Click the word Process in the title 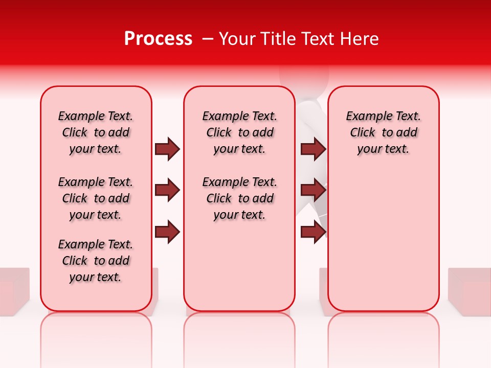[158, 39]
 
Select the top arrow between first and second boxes [167, 149]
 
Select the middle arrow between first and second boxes [167, 191]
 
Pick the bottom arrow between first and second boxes [167, 233]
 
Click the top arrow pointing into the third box [313, 149]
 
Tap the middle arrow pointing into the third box [313, 191]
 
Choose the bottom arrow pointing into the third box [313, 233]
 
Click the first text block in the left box [96, 132]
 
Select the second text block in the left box [96, 198]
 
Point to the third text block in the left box [96, 261]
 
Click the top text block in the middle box [239, 132]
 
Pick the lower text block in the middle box [239, 198]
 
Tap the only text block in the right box [383, 132]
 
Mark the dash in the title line [207, 39]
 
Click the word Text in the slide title [317, 39]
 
